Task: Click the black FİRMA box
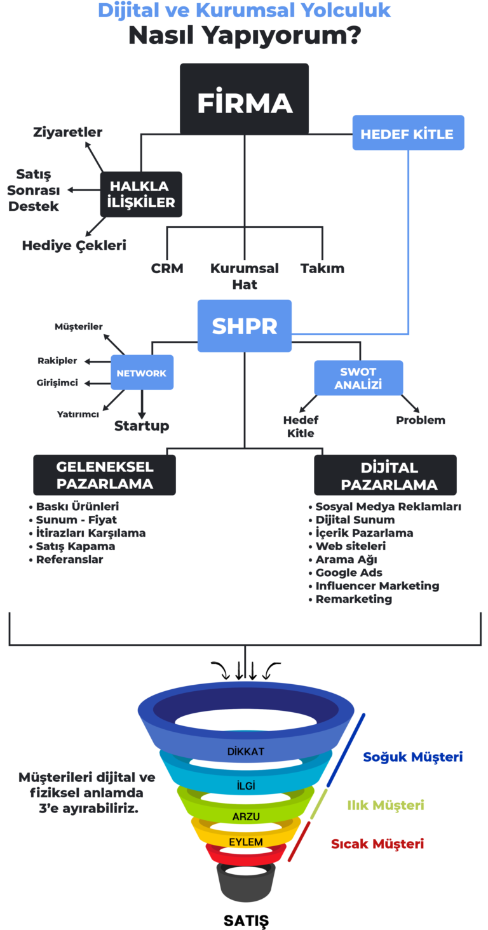pos(245,102)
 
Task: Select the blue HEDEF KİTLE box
pos(407,133)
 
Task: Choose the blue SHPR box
pos(245,326)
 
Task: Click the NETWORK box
pos(142,373)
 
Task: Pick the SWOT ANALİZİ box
pos(358,379)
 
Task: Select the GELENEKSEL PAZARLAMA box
pos(105,475)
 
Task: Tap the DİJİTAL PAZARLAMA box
pos(386,476)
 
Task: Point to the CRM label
pos(167,268)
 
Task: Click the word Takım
pos(322,268)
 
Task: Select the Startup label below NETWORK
pos(142,426)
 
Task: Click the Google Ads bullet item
pos(349,572)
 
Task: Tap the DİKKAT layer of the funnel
pos(245,751)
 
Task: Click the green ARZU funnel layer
pos(245,816)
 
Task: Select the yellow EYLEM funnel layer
pos(246,842)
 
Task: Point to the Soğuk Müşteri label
pos(412,757)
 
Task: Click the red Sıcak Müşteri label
pos(377,844)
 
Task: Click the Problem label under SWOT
pos(421,420)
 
